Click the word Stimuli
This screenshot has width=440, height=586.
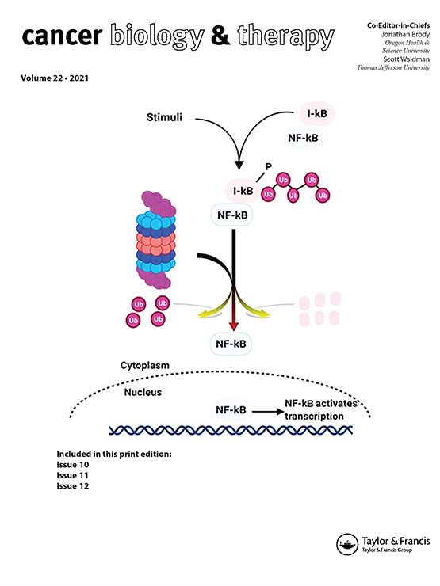pyautogui.click(x=164, y=117)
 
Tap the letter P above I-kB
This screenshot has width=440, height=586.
pyautogui.click(x=268, y=166)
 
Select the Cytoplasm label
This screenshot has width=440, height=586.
pyautogui.click(x=145, y=366)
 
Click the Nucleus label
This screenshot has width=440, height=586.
pyautogui.click(x=143, y=392)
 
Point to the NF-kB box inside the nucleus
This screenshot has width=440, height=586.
pyautogui.click(x=231, y=410)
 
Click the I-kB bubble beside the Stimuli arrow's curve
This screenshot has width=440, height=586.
pyautogui.click(x=317, y=113)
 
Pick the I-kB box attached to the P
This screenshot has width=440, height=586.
pyautogui.click(x=243, y=191)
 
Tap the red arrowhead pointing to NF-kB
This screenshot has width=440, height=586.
pyautogui.click(x=233, y=326)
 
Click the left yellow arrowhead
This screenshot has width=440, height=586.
pyautogui.click(x=203, y=315)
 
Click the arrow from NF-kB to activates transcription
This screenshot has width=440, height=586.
pyautogui.click(x=268, y=412)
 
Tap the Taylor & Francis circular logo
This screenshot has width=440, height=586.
pyautogui.click(x=347, y=544)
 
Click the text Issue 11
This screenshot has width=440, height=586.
pyautogui.click(x=73, y=475)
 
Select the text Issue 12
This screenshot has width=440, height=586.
pyautogui.click(x=73, y=486)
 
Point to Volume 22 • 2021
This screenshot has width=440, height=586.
pyautogui.click(x=55, y=78)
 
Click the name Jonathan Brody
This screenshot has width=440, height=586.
pyautogui.click(x=406, y=34)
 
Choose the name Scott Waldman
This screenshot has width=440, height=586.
pyautogui.click(x=407, y=59)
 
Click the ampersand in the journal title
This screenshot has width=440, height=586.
pyautogui.click(x=220, y=35)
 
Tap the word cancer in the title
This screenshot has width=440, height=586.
pyautogui.click(x=62, y=36)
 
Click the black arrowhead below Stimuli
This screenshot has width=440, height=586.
pyautogui.click(x=239, y=165)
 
